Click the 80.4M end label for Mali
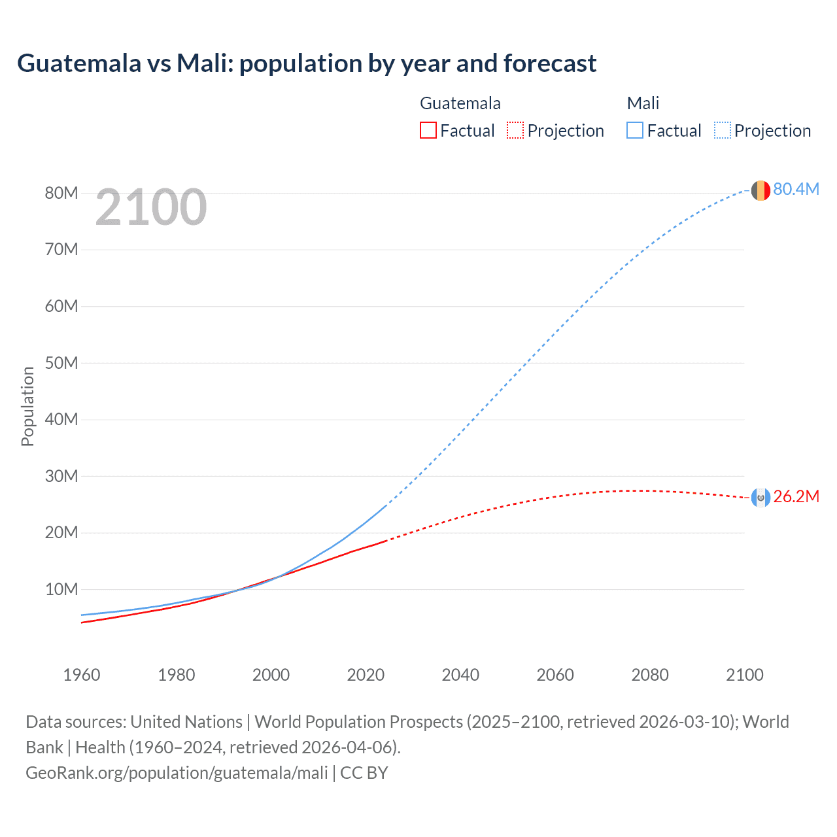[x=796, y=189]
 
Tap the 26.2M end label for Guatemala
[x=796, y=496]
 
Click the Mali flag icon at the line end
[x=760, y=190]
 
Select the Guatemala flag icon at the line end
[x=760, y=498]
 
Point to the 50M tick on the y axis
[x=61, y=363]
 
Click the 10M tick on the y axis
[x=61, y=589]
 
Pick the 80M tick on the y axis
[x=61, y=193]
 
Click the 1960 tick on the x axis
[x=82, y=675]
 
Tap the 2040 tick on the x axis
[x=460, y=675]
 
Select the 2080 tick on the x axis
[x=650, y=675]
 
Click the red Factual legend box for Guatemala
[x=428, y=130]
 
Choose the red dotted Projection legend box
[x=515, y=130]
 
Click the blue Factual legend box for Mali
[x=635, y=130]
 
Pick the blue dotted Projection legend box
[x=722, y=130]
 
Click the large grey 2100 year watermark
[x=151, y=207]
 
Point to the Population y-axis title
[x=27, y=406]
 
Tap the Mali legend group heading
[x=643, y=103]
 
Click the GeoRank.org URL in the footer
[x=177, y=773]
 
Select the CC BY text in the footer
[x=364, y=773]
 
